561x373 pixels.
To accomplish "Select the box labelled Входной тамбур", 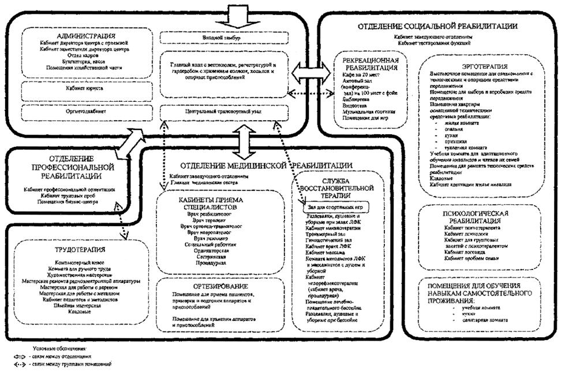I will pyautogui.click(x=223, y=39).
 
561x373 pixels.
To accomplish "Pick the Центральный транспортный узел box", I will pyautogui.click(x=222, y=110).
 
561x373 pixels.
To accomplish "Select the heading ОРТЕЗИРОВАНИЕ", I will pyautogui.click(x=222, y=286).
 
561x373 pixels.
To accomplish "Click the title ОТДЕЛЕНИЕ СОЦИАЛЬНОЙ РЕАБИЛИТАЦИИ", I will pyautogui.click(x=437, y=26).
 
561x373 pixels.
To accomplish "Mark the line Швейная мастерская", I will pyautogui.click(x=74, y=306).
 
